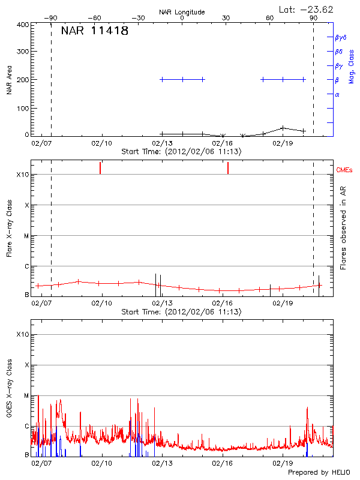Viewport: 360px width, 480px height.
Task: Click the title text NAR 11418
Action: (94, 31)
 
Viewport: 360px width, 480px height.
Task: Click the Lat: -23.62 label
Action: (307, 9)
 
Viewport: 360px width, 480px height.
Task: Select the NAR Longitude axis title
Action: (182, 11)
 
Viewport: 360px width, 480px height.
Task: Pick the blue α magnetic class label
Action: (337, 94)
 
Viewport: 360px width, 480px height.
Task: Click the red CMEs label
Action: (346, 170)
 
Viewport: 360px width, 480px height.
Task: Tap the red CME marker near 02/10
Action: (100, 168)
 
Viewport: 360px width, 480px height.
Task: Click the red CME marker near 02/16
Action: (228, 168)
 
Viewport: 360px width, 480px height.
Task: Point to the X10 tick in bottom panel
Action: (22, 334)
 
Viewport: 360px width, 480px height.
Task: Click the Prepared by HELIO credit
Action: (319, 472)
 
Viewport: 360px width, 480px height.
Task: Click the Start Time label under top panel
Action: (182, 152)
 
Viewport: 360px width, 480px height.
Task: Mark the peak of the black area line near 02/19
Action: (283, 127)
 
